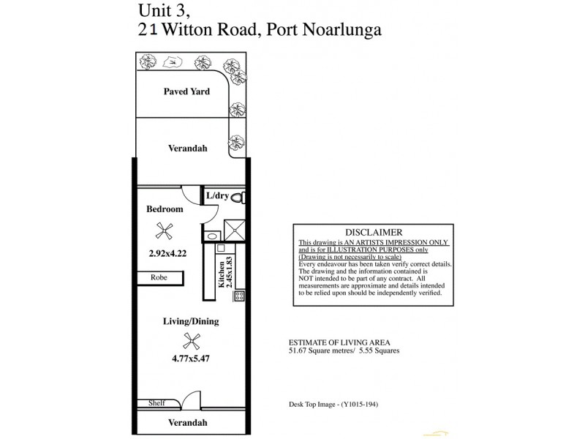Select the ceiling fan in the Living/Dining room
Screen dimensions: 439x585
[192, 339]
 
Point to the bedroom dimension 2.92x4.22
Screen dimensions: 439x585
[163, 255]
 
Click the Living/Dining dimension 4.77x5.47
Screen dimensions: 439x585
[192, 359]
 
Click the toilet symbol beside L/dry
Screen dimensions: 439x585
[243, 196]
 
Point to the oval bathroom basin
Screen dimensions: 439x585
[212, 236]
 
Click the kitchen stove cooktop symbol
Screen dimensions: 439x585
[238, 296]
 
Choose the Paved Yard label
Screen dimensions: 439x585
[186, 92]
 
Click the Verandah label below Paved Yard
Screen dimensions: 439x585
[188, 148]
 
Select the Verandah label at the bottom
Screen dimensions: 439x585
[188, 423]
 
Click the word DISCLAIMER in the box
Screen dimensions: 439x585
[373, 233]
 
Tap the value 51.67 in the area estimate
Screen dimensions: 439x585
[299, 350]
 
